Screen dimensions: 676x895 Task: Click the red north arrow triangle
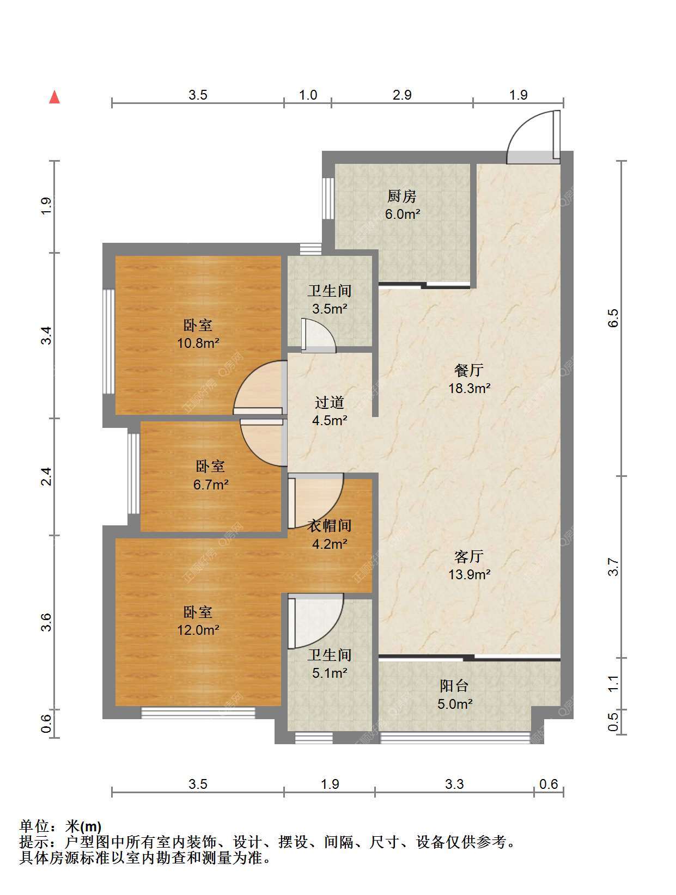pyautogui.click(x=54, y=97)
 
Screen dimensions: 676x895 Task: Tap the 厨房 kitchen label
pyautogui.click(x=401, y=197)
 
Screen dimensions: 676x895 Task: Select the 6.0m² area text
pyautogui.click(x=402, y=213)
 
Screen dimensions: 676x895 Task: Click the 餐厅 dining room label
pyautogui.click(x=469, y=370)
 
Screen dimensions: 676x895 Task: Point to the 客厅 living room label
pyautogui.click(x=469, y=556)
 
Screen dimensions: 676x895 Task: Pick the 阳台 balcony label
pyautogui.click(x=454, y=686)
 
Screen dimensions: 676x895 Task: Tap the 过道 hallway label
pyautogui.click(x=329, y=402)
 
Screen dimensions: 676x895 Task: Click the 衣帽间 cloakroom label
pyautogui.click(x=329, y=525)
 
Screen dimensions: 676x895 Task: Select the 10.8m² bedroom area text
pyautogui.click(x=198, y=343)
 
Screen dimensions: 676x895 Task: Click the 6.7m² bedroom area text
pyautogui.click(x=210, y=485)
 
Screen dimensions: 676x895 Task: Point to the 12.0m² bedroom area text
pyautogui.click(x=198, y=630)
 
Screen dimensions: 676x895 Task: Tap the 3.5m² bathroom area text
pyautogui.click(x=330, y=309)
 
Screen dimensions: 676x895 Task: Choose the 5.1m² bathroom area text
pyautogui.click(x=330, y=673)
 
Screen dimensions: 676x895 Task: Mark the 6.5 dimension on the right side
pyautogui.click(x=613, y=318)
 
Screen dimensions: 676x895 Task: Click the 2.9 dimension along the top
pyautogui.click(x=402, y=95)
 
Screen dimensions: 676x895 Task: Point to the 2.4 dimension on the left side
pyautogui.click(x=46, y=476)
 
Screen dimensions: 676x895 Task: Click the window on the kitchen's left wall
pyautogui.click(x=328, y=198)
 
